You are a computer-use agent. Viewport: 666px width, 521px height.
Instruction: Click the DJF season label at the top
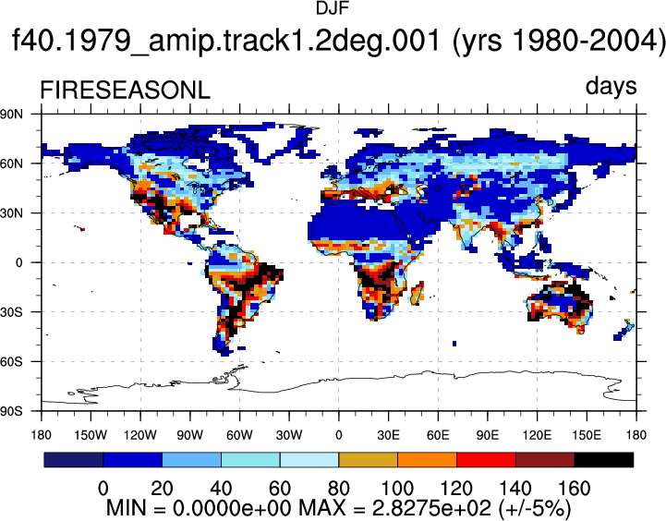click(333, 8)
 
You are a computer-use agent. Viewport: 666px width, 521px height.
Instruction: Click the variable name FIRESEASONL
click(125, 91)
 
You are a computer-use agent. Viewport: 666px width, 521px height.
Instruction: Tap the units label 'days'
click(611, 86)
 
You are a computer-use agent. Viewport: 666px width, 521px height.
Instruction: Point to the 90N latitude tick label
click(11, 114)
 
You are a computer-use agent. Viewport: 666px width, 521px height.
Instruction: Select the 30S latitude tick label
click(11, 312)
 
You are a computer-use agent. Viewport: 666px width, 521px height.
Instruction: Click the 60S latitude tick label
click(11, 362)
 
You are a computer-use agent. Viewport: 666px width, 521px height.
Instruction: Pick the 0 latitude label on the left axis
click(19, 263)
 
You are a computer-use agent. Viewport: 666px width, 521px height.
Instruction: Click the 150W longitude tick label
click(91, 435)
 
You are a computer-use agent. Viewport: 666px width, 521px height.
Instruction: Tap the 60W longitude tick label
click(239, 435)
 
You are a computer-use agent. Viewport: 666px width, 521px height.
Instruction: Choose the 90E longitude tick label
click(488, 435)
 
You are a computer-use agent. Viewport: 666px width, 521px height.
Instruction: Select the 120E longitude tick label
click(538, 435)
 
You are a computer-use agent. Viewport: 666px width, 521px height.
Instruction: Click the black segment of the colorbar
click(603, 460)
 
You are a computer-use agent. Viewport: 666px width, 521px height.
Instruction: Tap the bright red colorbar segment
click(486, 460)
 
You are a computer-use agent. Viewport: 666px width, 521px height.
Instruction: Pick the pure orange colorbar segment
click(427, 460)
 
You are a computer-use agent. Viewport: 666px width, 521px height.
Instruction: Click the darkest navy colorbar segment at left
click(74, 460)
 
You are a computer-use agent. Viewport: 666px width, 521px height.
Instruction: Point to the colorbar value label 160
click(574, 489)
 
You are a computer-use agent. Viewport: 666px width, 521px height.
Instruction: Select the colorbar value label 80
click(338, 489)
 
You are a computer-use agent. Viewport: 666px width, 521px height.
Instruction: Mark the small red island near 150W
click(83, 229)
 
